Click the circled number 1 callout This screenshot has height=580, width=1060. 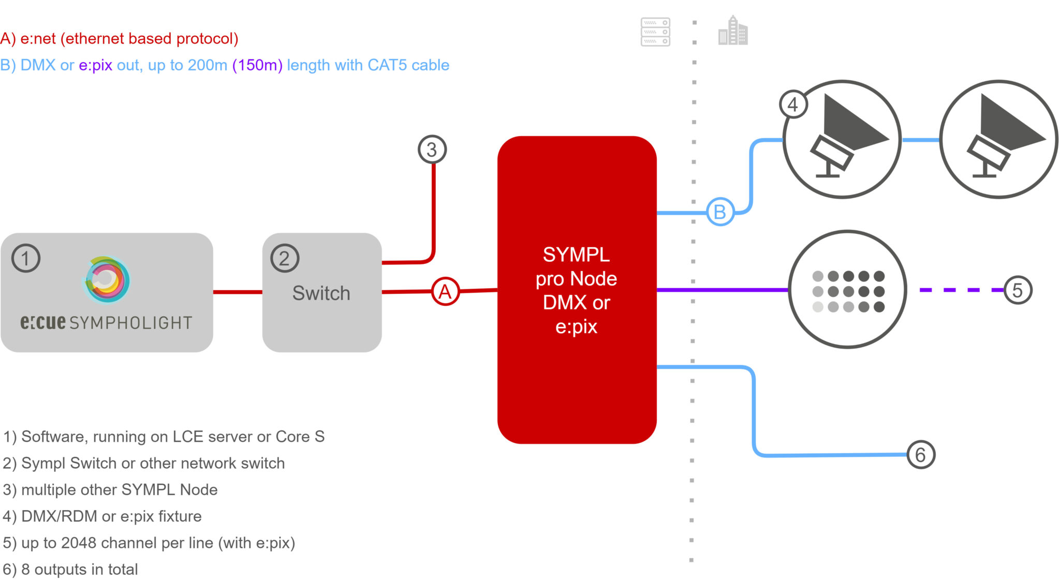(25, 258)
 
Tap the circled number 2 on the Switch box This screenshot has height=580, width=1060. (285, 258)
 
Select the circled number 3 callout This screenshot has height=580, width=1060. (432, 150)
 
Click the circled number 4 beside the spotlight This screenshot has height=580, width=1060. (793, 105)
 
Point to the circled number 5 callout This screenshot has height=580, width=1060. (1018, 290)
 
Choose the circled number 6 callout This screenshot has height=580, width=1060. (921, 455)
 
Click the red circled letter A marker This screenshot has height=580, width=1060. (445, 292)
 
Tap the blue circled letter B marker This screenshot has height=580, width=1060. (720, 212)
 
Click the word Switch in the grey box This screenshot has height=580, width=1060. (321, 293)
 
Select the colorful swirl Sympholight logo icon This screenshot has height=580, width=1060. (107, 279)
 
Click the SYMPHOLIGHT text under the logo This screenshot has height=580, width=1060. (130, 323)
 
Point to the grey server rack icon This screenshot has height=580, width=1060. (655, 32)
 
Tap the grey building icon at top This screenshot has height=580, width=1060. (733, 31)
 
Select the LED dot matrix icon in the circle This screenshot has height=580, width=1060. (848, 291)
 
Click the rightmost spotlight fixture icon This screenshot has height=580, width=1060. (998, 139)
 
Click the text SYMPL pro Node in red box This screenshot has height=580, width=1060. (576, 266)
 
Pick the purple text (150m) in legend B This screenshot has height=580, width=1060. (257, 65)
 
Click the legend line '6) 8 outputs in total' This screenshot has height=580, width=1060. (70, 569)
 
